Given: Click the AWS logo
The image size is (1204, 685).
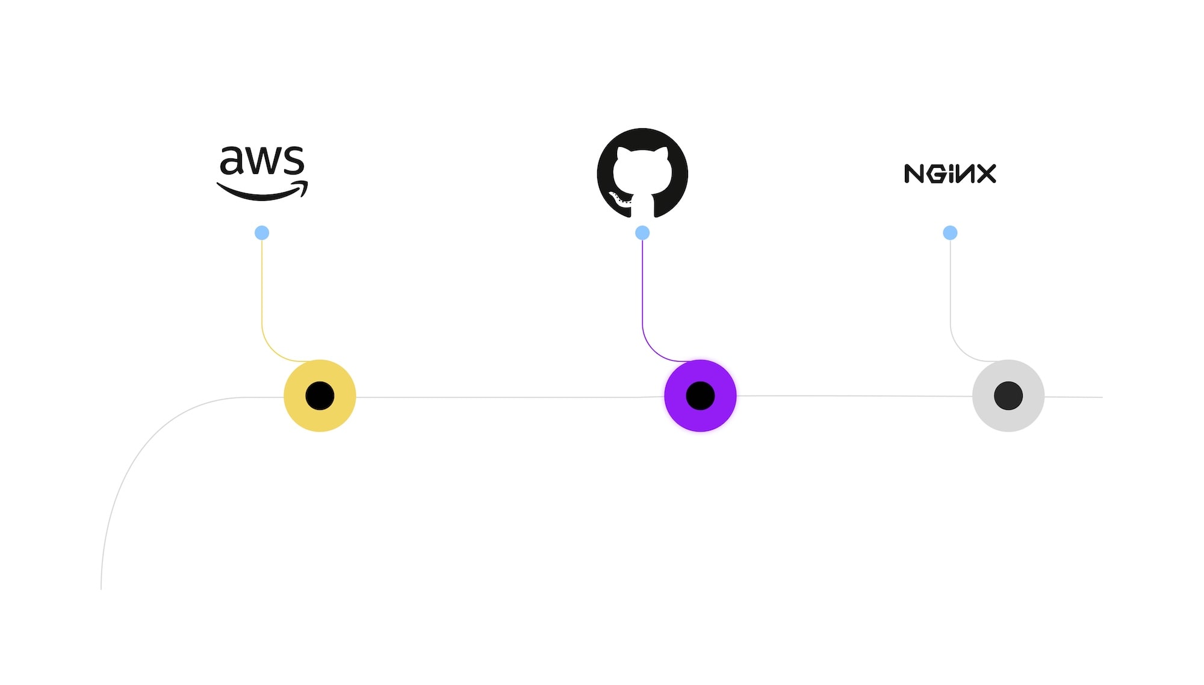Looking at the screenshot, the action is [262, 173].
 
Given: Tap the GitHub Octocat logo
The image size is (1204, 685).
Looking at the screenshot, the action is [642, 173].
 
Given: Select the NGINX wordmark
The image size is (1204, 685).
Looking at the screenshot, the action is [950, 173].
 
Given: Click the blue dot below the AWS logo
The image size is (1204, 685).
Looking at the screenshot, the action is [262, 233].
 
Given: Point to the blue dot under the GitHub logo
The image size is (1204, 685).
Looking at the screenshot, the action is [642, 233].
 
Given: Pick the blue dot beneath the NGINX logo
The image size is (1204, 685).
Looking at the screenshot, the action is [950, 233].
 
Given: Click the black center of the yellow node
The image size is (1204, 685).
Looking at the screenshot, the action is [320, 395].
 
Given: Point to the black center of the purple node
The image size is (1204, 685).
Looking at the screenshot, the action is [700, 395].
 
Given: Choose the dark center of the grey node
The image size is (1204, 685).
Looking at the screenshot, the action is [1008, 395].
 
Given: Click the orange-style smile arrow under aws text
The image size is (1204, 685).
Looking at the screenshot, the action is [262, 194].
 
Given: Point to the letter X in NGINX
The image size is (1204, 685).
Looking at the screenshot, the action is [985, 173].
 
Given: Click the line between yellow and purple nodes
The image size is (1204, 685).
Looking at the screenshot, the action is [510, 397].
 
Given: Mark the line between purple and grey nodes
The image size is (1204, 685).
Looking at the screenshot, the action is [855, 396].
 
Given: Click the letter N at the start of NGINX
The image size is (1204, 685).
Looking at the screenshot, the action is [914, 173].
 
